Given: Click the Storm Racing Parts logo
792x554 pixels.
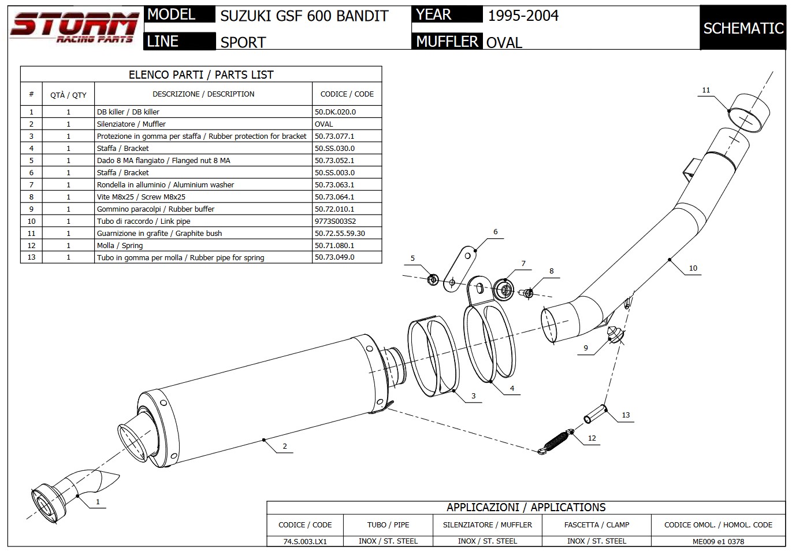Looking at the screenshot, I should [74, 27].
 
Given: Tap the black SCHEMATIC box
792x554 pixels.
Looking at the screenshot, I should [743, 28].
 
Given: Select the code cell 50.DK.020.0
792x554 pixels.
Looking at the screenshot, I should [335, 112].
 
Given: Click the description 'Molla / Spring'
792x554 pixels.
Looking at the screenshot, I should [120, 245].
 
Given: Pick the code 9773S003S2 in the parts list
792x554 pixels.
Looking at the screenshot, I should [335, 221].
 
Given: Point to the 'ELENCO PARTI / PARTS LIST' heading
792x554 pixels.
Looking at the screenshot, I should [201, 75].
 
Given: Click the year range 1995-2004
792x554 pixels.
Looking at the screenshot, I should [523, 16].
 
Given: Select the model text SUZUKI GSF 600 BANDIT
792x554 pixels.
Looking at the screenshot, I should [304, 16].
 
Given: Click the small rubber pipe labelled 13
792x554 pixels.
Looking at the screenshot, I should [595, 414].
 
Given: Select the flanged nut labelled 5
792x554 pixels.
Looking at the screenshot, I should [433, 280].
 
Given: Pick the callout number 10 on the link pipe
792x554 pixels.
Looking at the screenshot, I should [693, 268].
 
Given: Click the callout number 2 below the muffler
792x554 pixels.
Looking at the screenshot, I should [285, 446].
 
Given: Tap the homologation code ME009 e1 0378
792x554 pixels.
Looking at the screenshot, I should [718, 541].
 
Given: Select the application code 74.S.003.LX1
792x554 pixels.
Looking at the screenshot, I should [305, 541].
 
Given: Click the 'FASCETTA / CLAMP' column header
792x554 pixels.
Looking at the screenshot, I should [596, 525].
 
